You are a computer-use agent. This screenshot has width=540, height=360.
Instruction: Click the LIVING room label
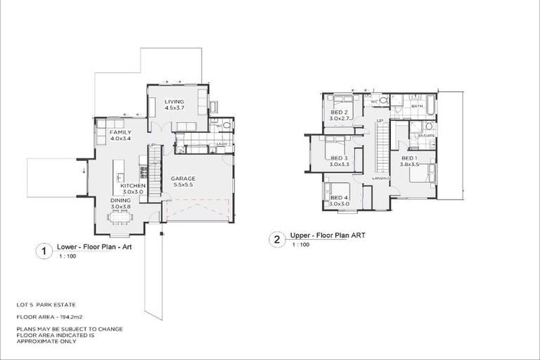point(174,101)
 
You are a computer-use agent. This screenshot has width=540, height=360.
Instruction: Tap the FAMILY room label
point(120,131)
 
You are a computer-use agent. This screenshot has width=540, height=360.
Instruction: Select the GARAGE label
point(183,179)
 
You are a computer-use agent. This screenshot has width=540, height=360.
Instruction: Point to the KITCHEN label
point(133,186)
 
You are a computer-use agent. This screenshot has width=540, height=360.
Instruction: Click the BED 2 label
point(340,112)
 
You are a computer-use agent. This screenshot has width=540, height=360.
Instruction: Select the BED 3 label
point(340,158)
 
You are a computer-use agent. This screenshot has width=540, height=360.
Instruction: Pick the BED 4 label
point(340,198)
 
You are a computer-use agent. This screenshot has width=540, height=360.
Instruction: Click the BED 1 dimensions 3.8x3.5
point(410,165)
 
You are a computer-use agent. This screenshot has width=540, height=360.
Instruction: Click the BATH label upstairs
point(416,106)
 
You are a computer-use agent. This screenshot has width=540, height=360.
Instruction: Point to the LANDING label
point(381,179)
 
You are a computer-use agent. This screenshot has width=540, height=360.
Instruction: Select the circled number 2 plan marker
point(276,239)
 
